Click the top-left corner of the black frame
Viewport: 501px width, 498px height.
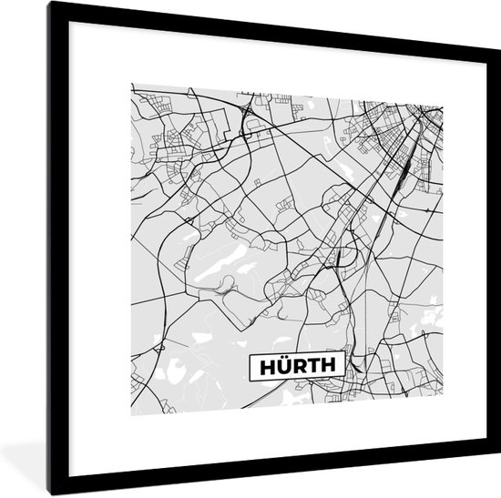point(51,4)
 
